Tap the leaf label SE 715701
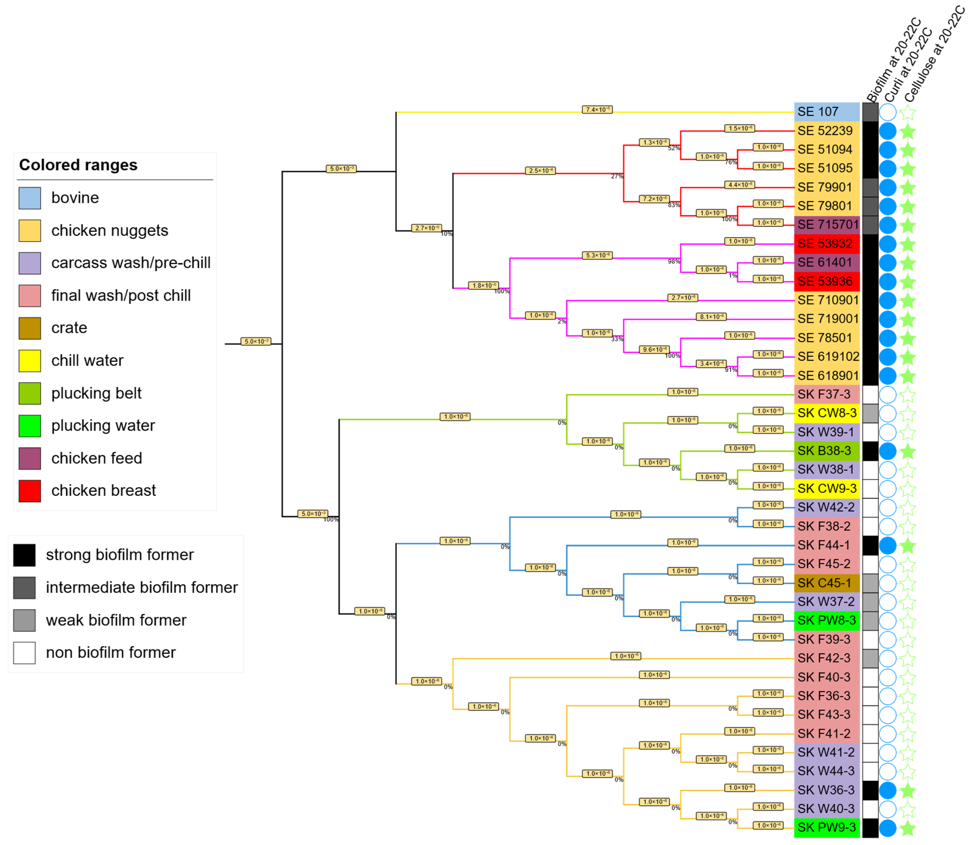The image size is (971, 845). click(x=828, y=225)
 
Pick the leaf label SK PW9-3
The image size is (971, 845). click(x=826, y=827)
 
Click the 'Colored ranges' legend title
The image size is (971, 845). click(x=78, y=165)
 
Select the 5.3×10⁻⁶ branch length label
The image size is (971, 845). click(x=597, y=256)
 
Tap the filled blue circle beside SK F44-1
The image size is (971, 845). click(x=888, y=545)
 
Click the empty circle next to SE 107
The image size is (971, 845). click(x=888, y=112)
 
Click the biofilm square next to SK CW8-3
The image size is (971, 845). click(x=870, y=413)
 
